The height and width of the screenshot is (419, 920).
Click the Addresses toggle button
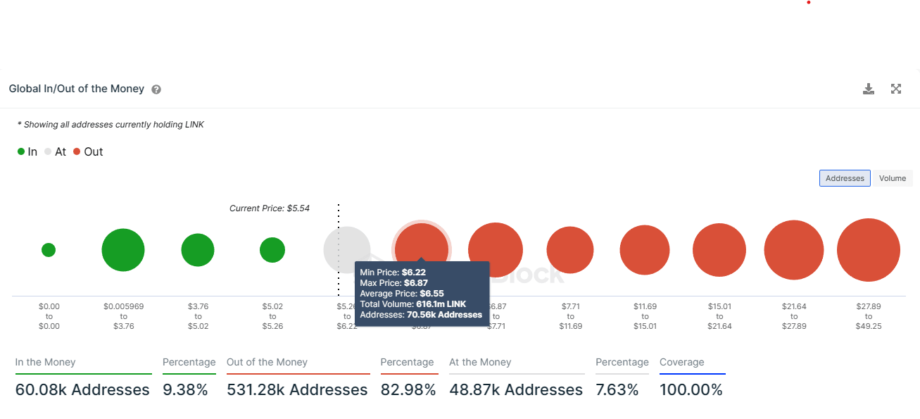pyautogui.click(x=845, y=178)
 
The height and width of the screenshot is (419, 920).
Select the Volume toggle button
pyautogui.click(x=892, y=178)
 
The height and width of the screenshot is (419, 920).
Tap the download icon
pyautogui.click(x=869, y=89)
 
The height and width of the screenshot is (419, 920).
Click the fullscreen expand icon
pyautogui.click(x=896, y=89)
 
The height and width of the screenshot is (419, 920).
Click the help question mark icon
pyautogui.click(x=156, y=89)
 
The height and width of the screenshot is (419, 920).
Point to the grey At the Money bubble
pyautogui.click(x=346, y=250)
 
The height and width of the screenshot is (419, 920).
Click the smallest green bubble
pyautogui.click(x=49, y=250)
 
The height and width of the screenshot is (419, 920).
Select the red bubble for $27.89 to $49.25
pyautogui.click(x=868, y=250)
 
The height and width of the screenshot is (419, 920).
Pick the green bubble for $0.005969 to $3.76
pyautogui.click(x=123, y=250)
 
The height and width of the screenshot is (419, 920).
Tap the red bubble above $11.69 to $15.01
pyautogui.click(x=645, y=250)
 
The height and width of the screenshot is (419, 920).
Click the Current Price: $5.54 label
pyautogui.click(x=270, y=208)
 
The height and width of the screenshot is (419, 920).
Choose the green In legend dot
pyautogui.click(x=21, y=152)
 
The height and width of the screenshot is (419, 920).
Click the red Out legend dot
pyautogui.click(x=77, y=152)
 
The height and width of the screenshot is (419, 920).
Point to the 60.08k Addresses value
pyautogui.click(x=82, y=389)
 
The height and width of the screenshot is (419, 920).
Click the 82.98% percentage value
pyautogui.click(x=408, y=389)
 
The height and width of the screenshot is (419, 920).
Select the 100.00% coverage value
pyautogui.click(x=691, y=389)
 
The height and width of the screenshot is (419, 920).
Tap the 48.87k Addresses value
pyautogui.click(x=516, y=389)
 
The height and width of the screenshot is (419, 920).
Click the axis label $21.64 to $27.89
pyautogui.click(x=793, y=316)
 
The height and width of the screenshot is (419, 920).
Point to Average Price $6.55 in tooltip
pyautogui.click(x=398, y=293)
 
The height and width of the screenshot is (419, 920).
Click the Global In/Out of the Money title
pyautogui.click(x=77, y=89)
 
